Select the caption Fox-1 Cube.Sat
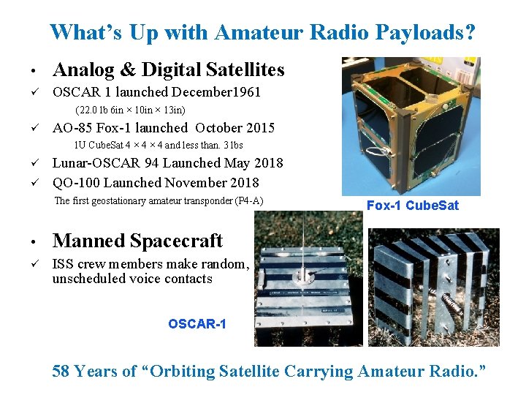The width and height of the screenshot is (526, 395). click(413, 206)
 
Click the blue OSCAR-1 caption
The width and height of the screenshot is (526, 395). click(197, 323)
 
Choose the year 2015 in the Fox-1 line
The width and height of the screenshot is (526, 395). click(259, 128)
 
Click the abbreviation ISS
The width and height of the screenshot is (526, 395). click(63, 265)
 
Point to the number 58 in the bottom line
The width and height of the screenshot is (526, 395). click(63, 372)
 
